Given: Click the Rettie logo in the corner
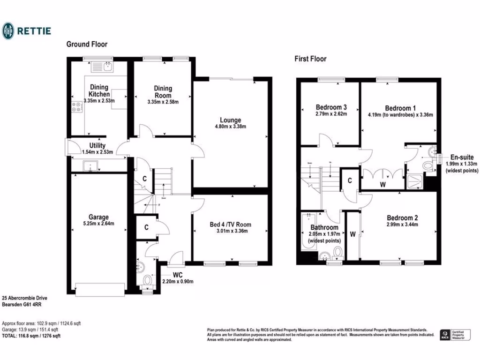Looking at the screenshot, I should pos(26,31).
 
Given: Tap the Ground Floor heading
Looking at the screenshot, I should pos(87,45).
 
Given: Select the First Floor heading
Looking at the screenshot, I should pos(310,59).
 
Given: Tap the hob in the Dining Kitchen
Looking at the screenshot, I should pos(76,108).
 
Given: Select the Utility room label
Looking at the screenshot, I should pos(97,146).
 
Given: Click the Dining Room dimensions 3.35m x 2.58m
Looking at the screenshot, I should pos(163,101).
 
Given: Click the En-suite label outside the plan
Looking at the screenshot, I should pos(462,157).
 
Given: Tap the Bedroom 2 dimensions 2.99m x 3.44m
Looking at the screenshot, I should pos(402,225).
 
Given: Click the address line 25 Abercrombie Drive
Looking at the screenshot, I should pos(24,298).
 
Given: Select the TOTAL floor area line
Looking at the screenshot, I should pos(31,336).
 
